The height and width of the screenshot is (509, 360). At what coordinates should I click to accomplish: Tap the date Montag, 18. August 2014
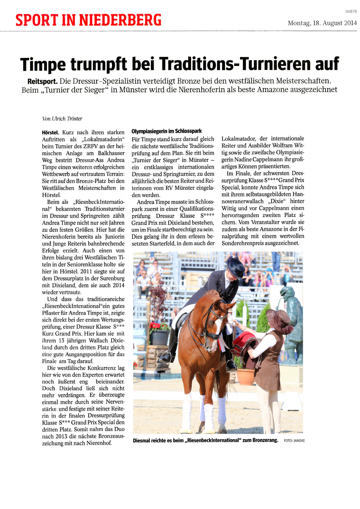click(322, 23)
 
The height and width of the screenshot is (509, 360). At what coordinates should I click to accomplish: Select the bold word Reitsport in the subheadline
click(42, 81)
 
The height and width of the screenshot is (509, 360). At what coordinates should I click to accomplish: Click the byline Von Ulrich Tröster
click(62, 118)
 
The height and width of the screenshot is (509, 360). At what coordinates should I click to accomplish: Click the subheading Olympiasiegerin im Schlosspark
click(166, 131)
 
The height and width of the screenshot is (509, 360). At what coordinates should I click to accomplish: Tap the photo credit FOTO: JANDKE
click(294, 441)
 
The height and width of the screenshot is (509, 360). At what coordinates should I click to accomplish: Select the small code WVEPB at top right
click(351, 11)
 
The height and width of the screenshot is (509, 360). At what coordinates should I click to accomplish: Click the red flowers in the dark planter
click(159, 326)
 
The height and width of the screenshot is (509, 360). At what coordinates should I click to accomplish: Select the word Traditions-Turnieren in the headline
click(234, 64)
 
